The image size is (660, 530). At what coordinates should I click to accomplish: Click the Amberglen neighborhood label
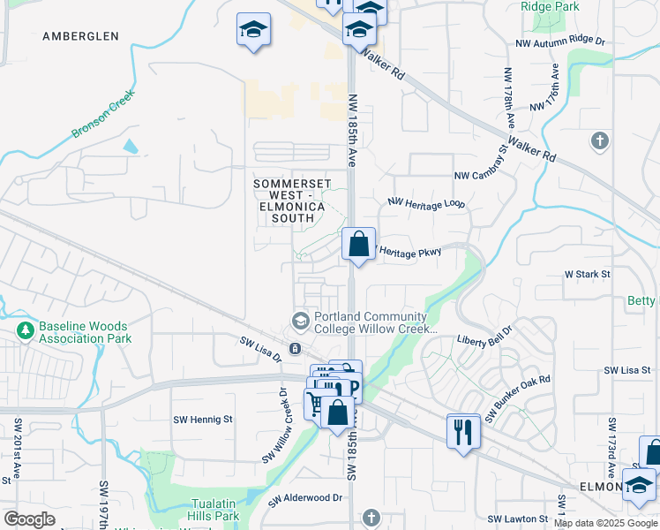[x=80, y=36]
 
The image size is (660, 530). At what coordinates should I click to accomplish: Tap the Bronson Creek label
[x=102, y=118]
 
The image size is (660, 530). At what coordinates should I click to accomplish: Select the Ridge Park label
[x=550, y=6]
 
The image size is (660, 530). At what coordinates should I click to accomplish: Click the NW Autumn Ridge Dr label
[x=560, y=42]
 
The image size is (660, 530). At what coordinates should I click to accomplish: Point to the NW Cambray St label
[x=482, y=164]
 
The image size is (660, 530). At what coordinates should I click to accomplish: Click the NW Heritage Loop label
[x=425, y=203]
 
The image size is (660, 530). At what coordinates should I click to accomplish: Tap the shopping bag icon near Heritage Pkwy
[x=358, y=245]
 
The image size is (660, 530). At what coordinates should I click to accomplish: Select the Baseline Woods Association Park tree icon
[x=24, y=331]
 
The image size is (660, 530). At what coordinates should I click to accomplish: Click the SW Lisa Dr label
[x=259, y=348]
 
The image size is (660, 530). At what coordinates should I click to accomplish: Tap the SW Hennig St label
[x=202, y=420]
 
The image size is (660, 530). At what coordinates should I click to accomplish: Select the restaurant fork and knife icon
[x=463, y=432]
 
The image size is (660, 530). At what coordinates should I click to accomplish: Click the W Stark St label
[x=587, y=275]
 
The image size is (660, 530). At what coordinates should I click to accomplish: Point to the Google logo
[x=29, y=519]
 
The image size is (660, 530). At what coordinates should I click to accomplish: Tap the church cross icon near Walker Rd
[x=599, y=140]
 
